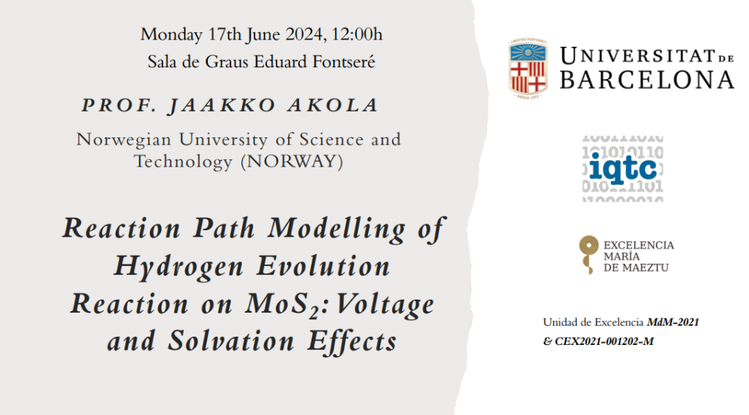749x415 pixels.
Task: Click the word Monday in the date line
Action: tap(171, 35)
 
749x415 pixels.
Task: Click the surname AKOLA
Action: tap(333, 105)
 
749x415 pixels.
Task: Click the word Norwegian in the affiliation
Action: tap(124, 140)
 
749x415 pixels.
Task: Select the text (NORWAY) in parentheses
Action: tap(292, 161)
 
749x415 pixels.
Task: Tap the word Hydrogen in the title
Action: tap(178, 266)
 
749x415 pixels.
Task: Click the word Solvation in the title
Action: tap(230, 341)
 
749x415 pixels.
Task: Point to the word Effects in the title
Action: tap(352, 341)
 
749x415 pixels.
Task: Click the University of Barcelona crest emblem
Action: tap(527, 68)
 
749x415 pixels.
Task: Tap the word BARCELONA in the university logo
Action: tap(647, 80)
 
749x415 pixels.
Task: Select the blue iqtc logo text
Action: tap(623, 168)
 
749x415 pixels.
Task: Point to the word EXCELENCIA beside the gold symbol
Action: tap(639, 245)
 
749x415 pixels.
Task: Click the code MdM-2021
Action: tap(673, 322)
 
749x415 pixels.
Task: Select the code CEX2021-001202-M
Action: tap(603, 341)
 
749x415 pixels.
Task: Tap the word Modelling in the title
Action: tap(336, 228)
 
